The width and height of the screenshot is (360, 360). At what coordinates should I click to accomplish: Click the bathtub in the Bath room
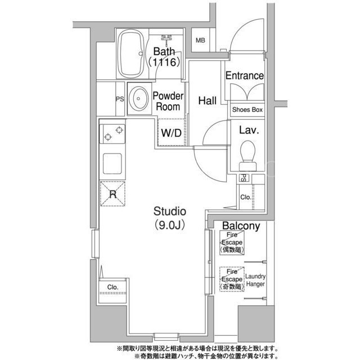[130, 54]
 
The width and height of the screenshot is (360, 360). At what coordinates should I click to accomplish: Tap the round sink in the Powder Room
[138, 98]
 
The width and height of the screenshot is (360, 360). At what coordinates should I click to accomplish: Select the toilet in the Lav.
[247, 156]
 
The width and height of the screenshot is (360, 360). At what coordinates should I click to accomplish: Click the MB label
[200, 40]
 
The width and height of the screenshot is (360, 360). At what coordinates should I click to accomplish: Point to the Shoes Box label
[247, 110]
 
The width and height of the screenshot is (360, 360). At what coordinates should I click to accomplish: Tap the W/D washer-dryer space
[171, 133]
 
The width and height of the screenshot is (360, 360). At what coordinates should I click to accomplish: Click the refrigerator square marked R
[112, 193]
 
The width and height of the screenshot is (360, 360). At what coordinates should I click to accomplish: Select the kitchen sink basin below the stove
[112, 164]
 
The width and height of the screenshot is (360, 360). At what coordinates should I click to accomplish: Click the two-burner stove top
[112, 134]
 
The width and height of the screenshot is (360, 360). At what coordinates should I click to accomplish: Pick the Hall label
[208, 101]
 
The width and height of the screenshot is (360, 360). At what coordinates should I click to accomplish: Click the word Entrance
[245, 75]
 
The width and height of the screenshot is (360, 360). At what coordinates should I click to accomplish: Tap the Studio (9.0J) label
[170, 218]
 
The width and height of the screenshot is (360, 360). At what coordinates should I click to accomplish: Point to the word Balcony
[241, 226]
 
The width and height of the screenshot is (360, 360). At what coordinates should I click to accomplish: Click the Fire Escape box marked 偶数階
[232, 242]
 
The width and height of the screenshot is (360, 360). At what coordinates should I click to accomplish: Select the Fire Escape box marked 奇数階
[232, 279]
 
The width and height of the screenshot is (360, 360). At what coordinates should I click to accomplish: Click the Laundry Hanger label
[255, 280]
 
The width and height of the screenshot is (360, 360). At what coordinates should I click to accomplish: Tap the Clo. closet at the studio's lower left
[112, 290]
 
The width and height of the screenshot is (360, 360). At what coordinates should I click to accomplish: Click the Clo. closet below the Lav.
[246, 197]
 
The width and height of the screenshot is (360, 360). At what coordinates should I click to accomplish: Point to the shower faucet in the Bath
[166, 39]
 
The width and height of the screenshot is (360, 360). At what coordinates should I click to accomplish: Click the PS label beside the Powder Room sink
[120, 99]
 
